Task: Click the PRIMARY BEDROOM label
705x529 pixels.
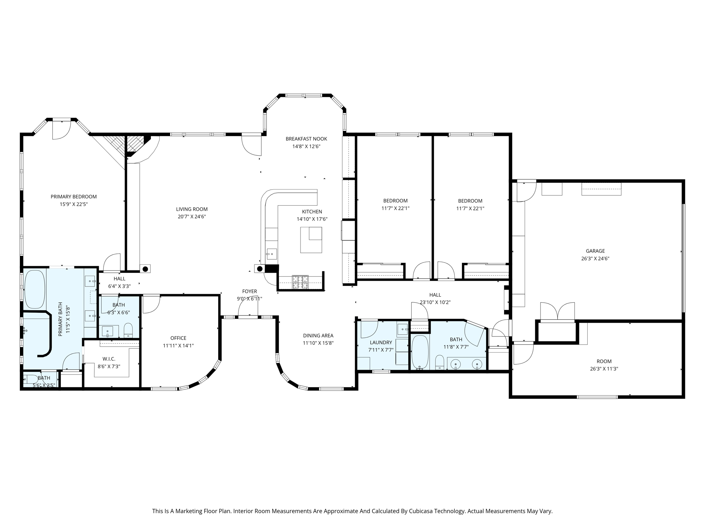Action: [x=74, y=197]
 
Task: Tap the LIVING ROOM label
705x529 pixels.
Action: [x=192, y=209]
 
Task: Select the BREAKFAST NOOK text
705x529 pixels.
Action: [x=306, y=139]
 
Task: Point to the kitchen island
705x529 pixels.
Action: [x=311, y=240]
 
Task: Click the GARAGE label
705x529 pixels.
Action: [x=595, y=251]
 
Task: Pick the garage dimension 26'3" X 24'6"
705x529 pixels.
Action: [x=595, y=259]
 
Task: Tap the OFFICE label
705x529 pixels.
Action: [x=178, y=338]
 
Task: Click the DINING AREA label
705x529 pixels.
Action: [x=318, y=335]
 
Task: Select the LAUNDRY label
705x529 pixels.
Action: [x=381, y=342]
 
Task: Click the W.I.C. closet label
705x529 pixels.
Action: [x=109, y=359]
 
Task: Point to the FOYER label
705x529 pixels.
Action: [x=250, y=291]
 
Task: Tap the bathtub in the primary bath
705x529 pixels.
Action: [x=35, y=290]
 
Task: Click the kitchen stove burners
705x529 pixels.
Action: [x=300, y=282]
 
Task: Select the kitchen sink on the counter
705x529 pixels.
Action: [x=272, y=254]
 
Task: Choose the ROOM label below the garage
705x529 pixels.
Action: [x=604, y=361]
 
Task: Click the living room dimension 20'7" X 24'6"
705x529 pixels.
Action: [x=192, y=217]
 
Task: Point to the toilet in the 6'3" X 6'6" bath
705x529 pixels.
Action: [x=128, y=330]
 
